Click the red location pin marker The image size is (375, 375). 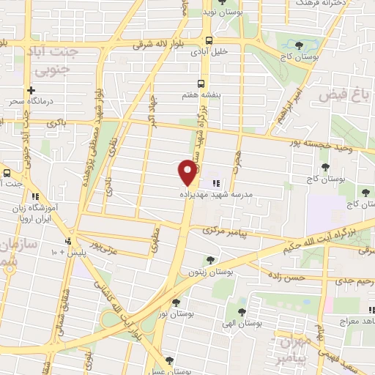188,172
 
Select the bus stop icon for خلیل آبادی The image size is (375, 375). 209,41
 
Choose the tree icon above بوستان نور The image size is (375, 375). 175,302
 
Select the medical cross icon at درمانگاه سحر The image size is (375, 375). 31,92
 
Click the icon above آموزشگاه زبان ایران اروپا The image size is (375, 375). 34,196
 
